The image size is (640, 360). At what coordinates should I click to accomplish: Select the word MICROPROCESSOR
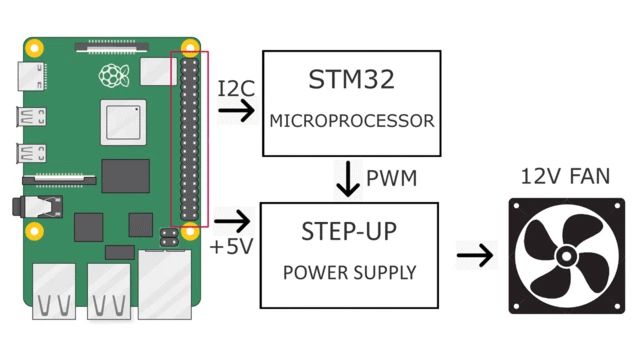[351, 121]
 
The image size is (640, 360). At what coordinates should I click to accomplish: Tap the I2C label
[237, 88]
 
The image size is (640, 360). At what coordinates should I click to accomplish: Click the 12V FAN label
[565, 177]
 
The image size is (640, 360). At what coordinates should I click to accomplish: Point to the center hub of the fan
[565, 257]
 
